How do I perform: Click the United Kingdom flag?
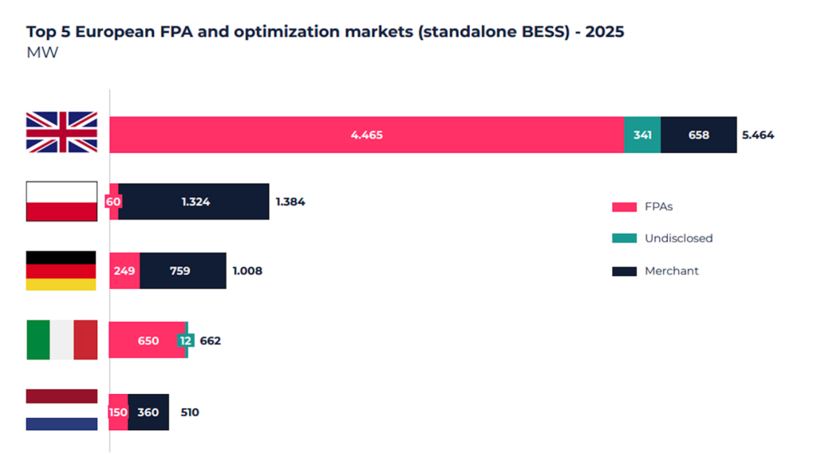61,132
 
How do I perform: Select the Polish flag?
61,201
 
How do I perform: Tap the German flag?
61,270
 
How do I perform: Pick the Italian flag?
61,341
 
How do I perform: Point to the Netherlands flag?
61,410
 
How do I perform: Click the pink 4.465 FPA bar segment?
366,135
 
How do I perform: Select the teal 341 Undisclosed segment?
642,135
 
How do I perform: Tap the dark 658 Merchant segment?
699,135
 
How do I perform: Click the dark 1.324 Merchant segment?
195,202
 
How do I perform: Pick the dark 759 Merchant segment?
183,271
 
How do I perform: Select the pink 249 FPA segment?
124,271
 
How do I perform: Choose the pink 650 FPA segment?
148,341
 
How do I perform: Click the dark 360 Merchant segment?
148,412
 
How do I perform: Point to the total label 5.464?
758,135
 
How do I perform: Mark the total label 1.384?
290,202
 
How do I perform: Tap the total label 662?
210,341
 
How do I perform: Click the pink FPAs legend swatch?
624,207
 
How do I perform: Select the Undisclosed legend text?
678,238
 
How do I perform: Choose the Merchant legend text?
671,271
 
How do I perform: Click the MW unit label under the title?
42,53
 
